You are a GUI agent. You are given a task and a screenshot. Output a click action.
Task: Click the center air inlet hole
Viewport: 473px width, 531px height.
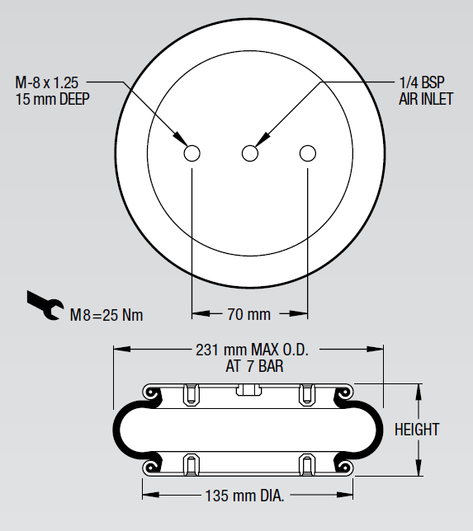[250, 153]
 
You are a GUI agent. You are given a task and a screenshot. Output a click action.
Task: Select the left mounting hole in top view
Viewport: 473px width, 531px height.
[192, 153]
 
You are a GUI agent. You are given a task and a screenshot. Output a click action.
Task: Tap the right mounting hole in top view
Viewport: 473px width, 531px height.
[308, 153]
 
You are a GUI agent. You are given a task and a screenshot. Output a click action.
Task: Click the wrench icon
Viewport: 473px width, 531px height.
[44, 305]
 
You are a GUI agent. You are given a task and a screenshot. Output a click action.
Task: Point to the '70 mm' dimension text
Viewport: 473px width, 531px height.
[248, 314]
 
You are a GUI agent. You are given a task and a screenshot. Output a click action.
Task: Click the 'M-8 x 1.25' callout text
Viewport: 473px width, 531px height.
[50, 82]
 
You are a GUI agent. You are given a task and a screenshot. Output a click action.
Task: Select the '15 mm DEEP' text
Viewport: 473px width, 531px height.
[52, 98]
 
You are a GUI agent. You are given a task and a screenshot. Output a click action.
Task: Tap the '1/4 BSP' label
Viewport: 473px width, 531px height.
[422, 82]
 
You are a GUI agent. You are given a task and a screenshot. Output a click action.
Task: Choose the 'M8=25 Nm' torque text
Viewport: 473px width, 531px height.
[106, 315]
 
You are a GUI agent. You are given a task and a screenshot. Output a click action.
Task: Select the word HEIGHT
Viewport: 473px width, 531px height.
[417, 429]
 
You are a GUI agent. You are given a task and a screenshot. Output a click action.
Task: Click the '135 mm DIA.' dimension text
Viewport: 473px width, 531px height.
[248, 496]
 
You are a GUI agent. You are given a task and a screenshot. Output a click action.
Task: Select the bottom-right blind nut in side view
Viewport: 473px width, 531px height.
[307, 465]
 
